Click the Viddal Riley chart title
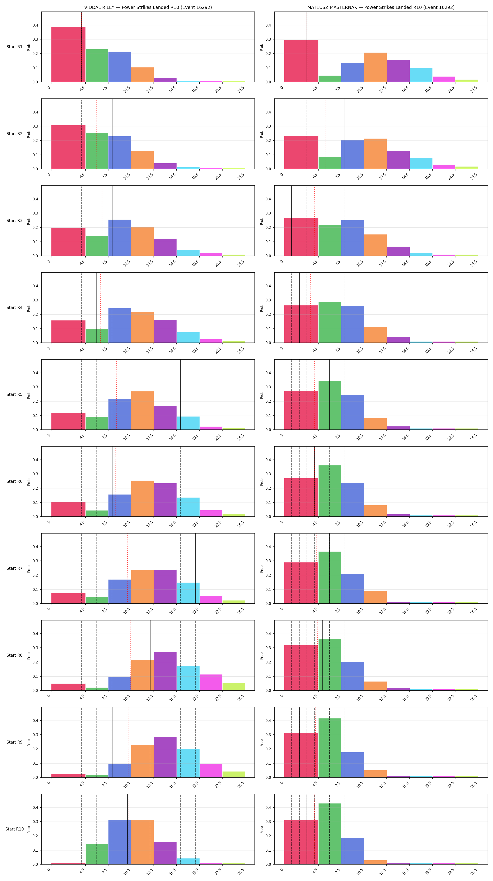(x=148, y=7)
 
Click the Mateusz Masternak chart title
(x=381, y=7)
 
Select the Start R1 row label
(x=14, y=47)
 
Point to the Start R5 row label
(x=14, y=394)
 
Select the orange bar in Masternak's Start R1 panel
(x=375, y=67)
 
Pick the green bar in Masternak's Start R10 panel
(x=330, y=834)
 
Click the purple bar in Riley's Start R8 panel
(x=165, y=671)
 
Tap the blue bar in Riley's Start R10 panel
(x=119, y=842)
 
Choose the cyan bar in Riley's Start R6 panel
(x=188, y=507)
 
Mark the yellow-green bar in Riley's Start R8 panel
(x=234, y=687)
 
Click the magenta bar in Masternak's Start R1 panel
(x=444, y=79)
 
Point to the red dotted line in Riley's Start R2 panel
(x=97, y=134)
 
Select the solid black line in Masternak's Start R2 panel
(x=345, y=134)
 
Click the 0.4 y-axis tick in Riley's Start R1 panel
(x=35, y=25)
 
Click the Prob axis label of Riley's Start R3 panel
(x=29, y=221)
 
